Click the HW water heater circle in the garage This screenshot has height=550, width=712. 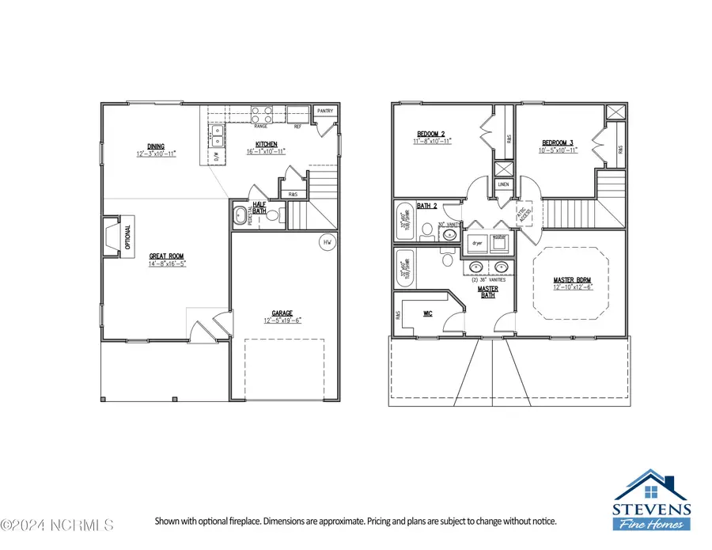[x=327, y=242]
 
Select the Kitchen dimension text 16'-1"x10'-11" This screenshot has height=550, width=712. [x=265, y=151]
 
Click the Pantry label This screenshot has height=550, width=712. [x=325, y=112]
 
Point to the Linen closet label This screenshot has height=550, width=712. [x=503, y=184]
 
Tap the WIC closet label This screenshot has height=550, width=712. [x=427, y=313]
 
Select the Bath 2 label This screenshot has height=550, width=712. [x=428, y=206]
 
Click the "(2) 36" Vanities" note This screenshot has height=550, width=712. [x=488, y=279]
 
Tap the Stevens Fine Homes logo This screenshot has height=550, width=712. [x=653, y=500]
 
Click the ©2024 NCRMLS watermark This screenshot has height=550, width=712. [x=57, y=525]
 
